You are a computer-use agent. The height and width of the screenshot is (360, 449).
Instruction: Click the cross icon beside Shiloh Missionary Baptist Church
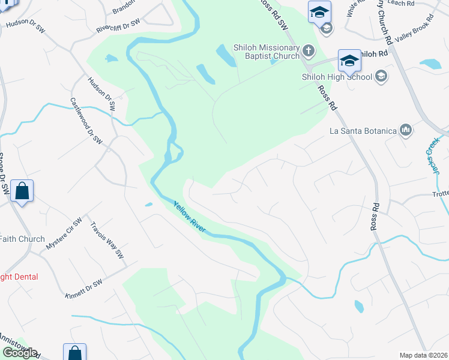click(309, 50)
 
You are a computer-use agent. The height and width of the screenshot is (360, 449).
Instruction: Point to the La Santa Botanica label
click(363, 130)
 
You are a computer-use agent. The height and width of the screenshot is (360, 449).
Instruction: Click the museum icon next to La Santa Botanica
click(406, 130)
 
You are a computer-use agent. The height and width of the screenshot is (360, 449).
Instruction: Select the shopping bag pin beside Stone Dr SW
click(22, 192)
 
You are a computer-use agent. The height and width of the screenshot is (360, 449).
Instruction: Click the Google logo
click(19, 353)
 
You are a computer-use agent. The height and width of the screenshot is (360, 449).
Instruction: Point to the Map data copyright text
click(424, 355)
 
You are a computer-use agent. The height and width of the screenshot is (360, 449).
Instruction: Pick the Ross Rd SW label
click(274, 13)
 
